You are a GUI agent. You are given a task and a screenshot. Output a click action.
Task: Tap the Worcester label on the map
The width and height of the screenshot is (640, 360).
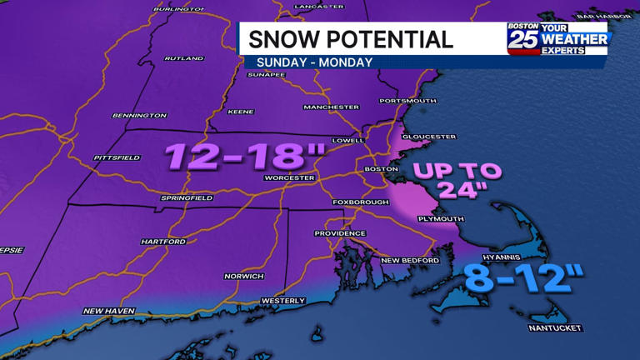[x=288, y=177]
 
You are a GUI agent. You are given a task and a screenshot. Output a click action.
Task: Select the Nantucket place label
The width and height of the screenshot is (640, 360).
[x=554, y=327]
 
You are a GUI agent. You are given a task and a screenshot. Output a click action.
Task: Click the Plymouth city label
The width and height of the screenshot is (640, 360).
[x=441, y=219]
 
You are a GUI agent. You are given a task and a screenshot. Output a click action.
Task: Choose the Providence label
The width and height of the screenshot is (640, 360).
[x=340, y=233]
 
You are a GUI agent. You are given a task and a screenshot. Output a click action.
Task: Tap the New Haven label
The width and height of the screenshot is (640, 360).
[x=108, y=311]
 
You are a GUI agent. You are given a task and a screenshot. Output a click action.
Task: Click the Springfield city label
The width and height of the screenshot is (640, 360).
[x=187, y=198]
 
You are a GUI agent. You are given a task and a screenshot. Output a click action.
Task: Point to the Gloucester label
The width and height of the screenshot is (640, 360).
[x=429, y=137]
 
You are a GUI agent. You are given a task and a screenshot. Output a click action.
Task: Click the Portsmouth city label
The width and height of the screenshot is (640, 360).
[x=407, y=101]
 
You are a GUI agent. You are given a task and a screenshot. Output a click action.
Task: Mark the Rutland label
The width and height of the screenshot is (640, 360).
[x=184, y=59]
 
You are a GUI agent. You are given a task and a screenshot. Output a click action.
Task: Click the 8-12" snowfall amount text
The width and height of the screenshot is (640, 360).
[x=523, y=277]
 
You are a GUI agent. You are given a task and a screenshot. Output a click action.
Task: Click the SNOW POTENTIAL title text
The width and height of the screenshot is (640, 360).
[x=351, y=38]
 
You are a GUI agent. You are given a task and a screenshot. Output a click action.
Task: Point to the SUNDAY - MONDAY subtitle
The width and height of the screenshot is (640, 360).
[x=314, y=62]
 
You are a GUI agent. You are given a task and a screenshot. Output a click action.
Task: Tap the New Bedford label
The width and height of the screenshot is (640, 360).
[x=410, y=261]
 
